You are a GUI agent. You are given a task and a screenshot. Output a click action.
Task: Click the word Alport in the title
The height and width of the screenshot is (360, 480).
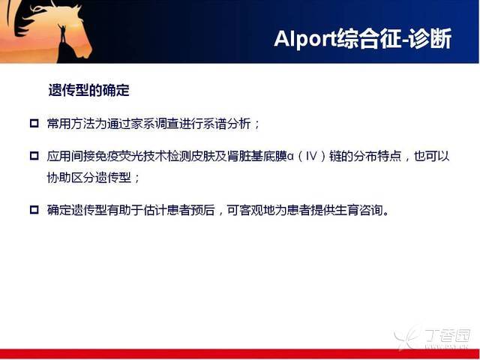pyautogui.click(x=305, y=39)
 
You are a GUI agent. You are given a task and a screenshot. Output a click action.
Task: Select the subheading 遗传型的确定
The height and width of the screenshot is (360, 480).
pyautogui.click(x=88, y=90)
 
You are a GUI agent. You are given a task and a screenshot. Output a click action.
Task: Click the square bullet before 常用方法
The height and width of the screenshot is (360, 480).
pyautogui.click(x=34, y=123)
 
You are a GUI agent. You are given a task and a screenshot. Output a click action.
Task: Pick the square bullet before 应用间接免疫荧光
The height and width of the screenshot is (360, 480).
pyautogui.click(x=34, y=156)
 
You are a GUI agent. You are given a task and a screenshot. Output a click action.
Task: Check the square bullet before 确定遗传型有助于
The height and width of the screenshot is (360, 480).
pyautogui.click(x=34, y=210)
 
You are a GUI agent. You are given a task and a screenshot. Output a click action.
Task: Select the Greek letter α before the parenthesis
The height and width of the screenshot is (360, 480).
pyautogui.click(x=290, y=157)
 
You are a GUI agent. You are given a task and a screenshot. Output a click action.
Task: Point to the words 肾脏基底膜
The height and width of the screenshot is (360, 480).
pyautogui.click(x=257, y=157)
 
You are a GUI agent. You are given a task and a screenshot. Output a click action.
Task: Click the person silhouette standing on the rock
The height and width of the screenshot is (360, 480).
pyautogui.click(x=62, y=34)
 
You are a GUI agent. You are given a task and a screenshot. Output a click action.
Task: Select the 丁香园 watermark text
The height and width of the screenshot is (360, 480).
pyautogui.click(x=448, y=336)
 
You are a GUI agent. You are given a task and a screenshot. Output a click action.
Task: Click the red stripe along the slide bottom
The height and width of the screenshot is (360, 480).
pyautogui.click(x=240, y=353)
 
